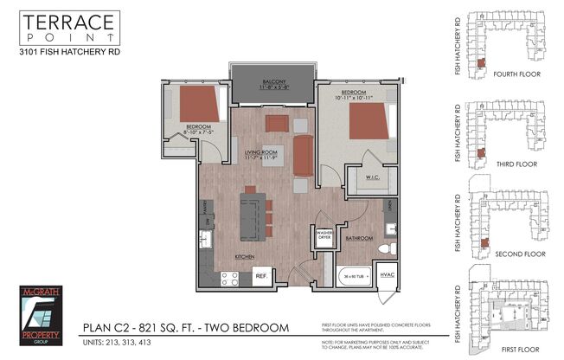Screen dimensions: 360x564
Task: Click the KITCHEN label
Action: click(x=244, y=257)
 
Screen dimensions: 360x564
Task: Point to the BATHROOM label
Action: click(x=358, y=238)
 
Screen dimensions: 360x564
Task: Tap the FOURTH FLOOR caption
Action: click(x=516, y=74)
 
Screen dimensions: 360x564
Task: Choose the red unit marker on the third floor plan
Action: click(x=481, y=153)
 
